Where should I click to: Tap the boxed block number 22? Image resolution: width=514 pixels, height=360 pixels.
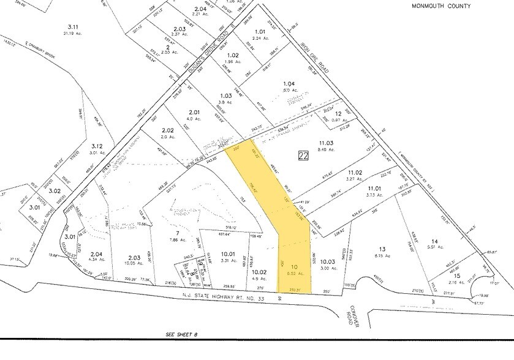303,156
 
